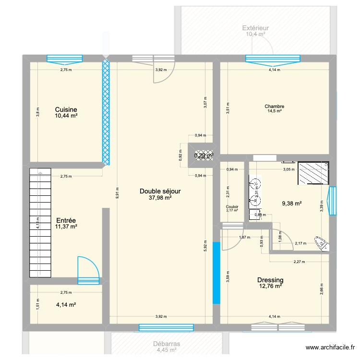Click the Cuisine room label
coord(66,109)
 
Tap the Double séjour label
coord(160,191)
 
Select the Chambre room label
coord(274,107)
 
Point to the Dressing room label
coord(270,280)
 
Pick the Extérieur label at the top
coord(255,28)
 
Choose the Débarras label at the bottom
coord(167,344)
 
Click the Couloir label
coord(232,207)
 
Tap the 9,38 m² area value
coord(291,204)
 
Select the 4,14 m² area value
coord(66,304)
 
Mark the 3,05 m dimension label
coord(288,169)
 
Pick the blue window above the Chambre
coord(273,59)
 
